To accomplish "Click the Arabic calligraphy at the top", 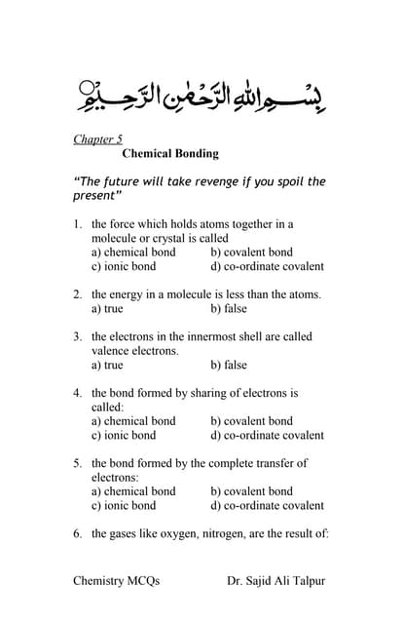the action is coord(202,96).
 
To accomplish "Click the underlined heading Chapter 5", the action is coord(97,138).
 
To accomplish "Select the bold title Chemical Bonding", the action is coord(170,154).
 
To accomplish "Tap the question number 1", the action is coord(77,224).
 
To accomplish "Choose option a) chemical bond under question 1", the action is coord(133,253).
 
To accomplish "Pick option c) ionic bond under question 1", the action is coord(124,266).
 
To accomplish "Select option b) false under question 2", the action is coord(229,308).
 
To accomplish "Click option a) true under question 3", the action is coord(107,365).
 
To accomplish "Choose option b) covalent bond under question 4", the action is coord(251,421).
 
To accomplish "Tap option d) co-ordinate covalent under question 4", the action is coord(267,435).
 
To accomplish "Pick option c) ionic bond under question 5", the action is coord(124,505).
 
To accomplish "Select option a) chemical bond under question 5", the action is coord(133,491).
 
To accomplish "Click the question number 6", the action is coord(77,534).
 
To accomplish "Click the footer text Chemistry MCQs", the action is coord(116,581).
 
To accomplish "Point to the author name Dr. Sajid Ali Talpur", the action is coord(275,581).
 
